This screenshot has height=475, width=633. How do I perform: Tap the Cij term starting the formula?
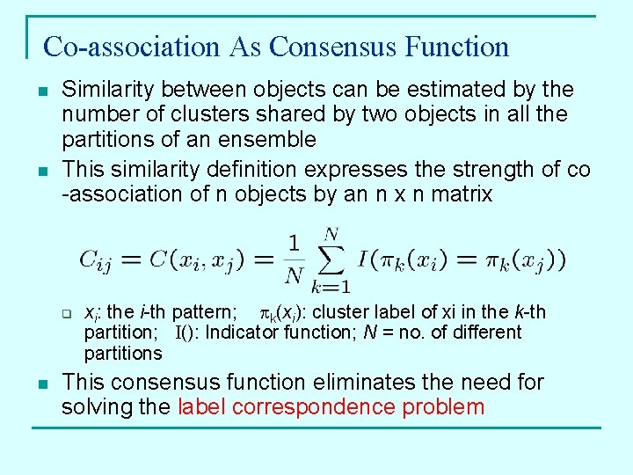(x=98, y=260)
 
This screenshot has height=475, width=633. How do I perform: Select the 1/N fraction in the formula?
(x=295, y=260)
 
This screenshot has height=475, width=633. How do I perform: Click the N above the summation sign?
(x=331, y=234)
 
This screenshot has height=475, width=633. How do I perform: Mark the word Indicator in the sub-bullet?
(x=244, y=332)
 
